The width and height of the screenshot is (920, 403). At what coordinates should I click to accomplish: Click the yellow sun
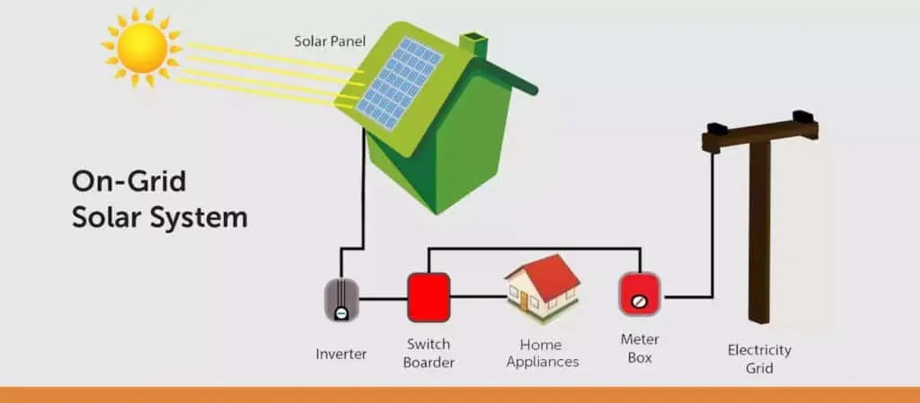coord(142,48)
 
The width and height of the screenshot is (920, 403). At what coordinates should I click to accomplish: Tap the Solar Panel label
coord(330,41)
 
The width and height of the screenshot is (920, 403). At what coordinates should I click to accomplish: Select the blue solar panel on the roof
coord(399,82)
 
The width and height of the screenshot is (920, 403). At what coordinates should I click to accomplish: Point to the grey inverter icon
coord(341,299)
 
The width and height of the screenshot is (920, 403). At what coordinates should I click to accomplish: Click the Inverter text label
coord(341,354)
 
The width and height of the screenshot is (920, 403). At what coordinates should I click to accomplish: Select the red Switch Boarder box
coord(429,297)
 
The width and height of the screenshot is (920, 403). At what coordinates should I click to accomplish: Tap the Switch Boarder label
coord(429,354)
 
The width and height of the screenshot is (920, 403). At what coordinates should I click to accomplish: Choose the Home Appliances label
coord(542,354)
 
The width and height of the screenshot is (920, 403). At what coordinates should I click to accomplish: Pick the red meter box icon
coord(640,294)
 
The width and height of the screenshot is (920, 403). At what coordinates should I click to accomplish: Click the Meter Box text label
coord(640,348)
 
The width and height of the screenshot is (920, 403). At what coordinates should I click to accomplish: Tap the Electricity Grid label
coord(759,359)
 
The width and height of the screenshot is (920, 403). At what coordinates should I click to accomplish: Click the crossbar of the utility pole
coord(760,131)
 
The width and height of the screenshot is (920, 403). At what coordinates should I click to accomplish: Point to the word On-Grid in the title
coord(128,181)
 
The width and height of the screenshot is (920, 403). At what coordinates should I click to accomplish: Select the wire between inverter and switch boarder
coord(383,299)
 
